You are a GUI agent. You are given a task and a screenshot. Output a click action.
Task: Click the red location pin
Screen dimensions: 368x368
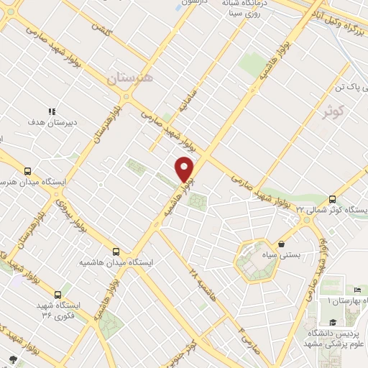(x=185, y=169)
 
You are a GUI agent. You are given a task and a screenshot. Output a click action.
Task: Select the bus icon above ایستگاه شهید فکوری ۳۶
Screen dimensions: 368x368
(x=58, y=295)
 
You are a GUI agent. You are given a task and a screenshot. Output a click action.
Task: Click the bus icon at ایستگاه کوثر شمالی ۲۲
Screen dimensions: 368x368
(x=332, y=199)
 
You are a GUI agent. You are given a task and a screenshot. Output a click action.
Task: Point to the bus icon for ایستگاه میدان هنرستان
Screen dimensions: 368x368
(x=27, y=172)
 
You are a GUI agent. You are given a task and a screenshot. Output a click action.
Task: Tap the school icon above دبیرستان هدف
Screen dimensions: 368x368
(x=51, y=111)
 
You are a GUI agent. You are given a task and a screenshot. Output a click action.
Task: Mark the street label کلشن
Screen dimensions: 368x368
(x=100, y=22)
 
